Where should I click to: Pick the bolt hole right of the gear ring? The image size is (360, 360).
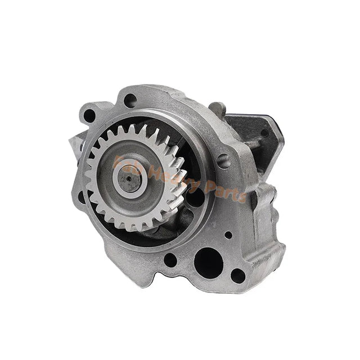pos(224,159)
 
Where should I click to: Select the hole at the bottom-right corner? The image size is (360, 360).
pos(238,276)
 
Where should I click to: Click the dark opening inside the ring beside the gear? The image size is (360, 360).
pos(194,197)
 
